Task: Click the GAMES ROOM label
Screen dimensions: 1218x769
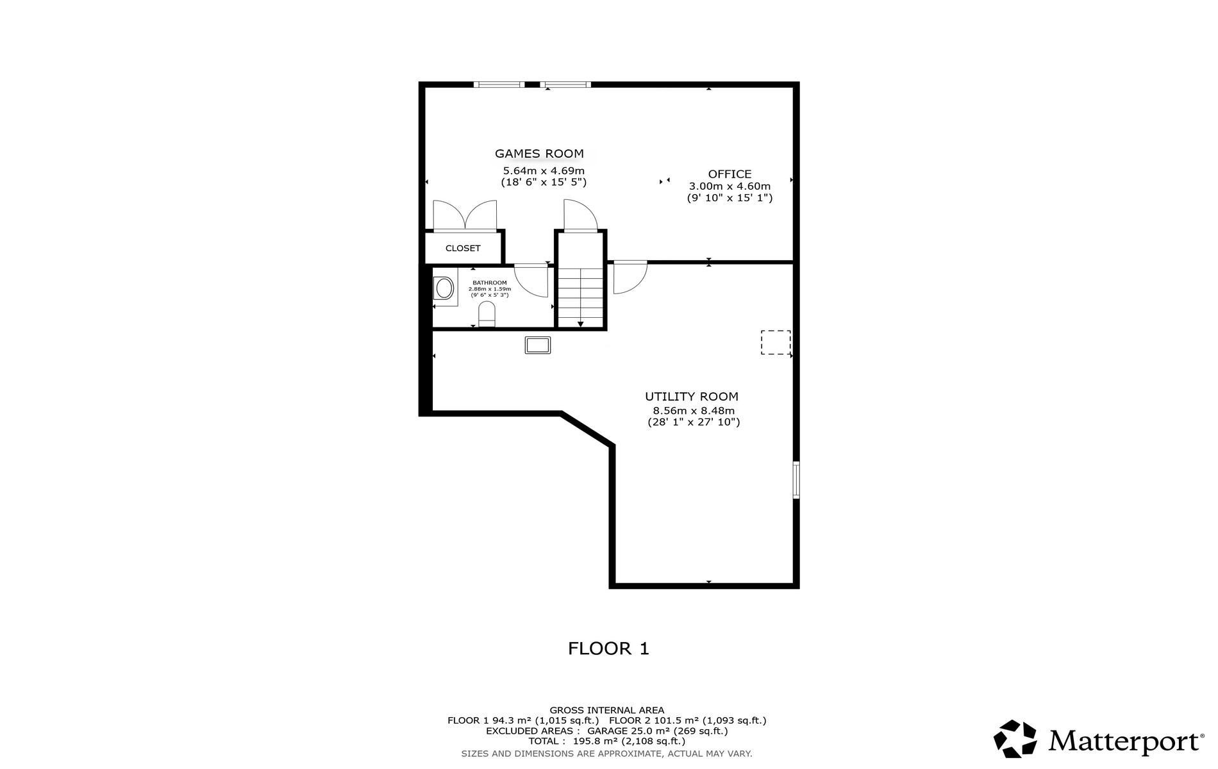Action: pos(539,154)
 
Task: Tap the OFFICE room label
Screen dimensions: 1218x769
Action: pos(730,174)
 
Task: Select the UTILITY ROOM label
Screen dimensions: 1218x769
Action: pos(692,397)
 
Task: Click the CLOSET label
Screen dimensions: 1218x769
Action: pos(463,249)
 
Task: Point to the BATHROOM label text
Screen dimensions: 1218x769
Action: pos(490,283)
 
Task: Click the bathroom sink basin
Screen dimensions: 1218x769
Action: pos(444,288)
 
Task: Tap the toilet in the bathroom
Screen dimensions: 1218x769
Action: pos(487,315)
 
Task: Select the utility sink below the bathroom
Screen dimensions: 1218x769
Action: pos(538,345)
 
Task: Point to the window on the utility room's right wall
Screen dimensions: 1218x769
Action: pos(796,479)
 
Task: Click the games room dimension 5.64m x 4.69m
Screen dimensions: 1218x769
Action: pos(544,171)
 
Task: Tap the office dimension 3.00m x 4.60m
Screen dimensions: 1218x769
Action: pos(730,186)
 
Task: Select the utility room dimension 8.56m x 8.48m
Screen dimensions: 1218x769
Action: pos(694,411)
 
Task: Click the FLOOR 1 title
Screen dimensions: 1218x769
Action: pos(608,649)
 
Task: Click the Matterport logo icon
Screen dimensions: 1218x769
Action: pos(1015,739)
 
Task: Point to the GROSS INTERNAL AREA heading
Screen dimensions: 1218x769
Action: pos(607,710)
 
